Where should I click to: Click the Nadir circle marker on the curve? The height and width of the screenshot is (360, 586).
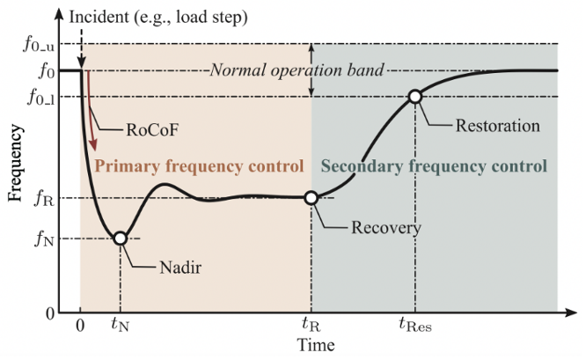(x=121, y=238)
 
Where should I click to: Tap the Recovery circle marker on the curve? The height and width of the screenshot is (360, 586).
(x=311, y=198)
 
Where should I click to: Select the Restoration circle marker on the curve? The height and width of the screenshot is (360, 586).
(x=414, y=97)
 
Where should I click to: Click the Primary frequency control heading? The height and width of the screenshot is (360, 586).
(x=198, y=165)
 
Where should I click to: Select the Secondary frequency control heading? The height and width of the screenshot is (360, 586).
(x=434, y=165)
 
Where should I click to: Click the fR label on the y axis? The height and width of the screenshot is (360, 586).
(x=42, y=199)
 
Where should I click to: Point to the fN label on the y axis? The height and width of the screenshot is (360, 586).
(x=42, y=239)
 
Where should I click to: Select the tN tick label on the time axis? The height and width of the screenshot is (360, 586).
(x=120, y=324)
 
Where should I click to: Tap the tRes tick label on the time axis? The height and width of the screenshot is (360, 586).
(x=415, y=324)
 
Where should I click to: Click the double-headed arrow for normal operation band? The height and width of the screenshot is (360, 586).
(x=311, y=70)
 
